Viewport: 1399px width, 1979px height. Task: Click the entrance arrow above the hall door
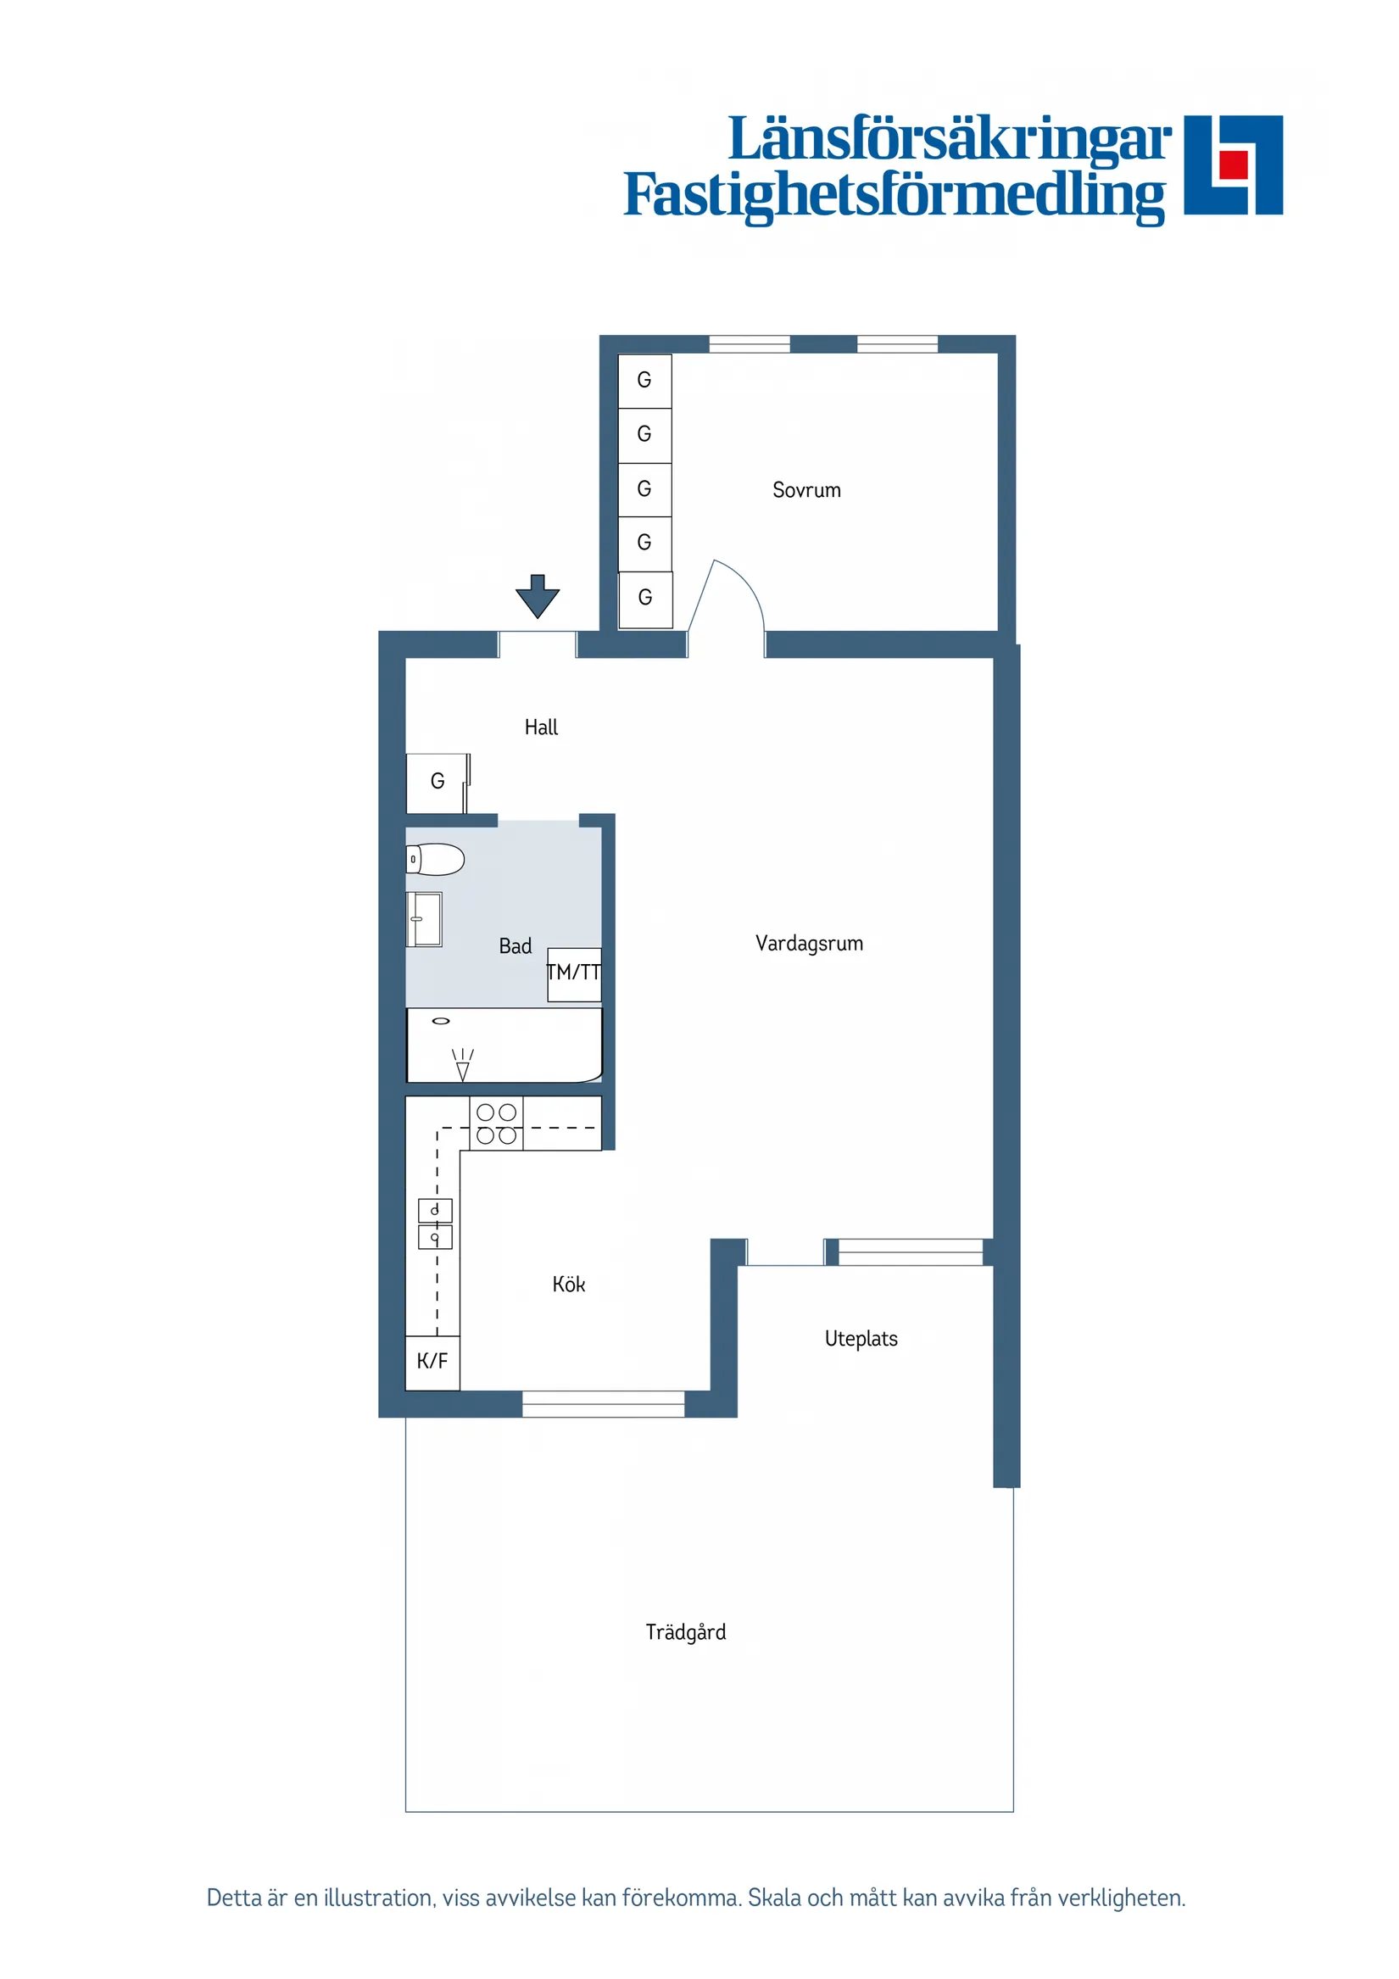(537, 595)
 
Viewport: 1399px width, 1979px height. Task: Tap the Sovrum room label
(806, 490)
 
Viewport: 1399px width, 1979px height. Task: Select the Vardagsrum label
(809, 943)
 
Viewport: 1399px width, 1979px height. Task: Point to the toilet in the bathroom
(435, 860)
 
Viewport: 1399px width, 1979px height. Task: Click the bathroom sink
(424, 920)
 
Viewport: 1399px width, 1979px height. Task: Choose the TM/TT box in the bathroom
(574, 974)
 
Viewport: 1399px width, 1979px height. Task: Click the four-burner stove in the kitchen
(497, 1124)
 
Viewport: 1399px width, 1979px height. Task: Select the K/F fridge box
(432, 1361)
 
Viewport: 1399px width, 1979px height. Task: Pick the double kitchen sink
(434, 1224)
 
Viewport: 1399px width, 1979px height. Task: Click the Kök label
(568, 1285)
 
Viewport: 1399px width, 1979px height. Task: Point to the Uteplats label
(861, 1339)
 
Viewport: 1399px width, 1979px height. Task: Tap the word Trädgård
(685, 1631)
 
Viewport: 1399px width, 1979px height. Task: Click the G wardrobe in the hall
(437, 782)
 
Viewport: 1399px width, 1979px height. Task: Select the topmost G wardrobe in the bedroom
(644, 380)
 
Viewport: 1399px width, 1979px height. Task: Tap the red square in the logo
(1234, 164)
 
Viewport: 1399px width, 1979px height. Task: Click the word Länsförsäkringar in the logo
(949, 140)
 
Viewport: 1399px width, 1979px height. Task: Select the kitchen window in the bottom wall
(604, 1404)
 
